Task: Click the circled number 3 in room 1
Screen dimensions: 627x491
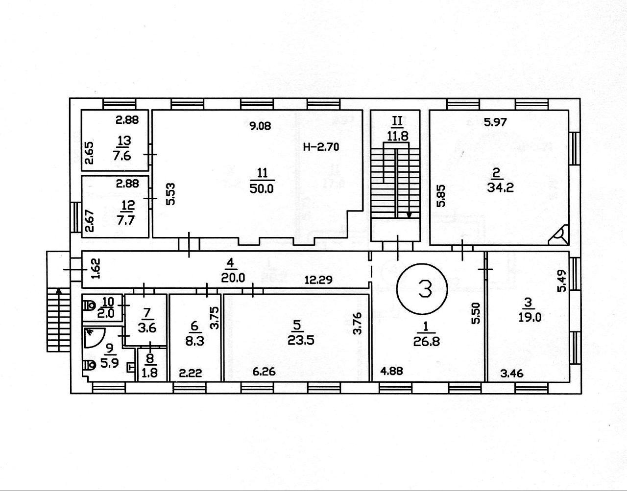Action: [x=422, y=289]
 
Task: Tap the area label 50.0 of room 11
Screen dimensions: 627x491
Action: [x=262, y=189]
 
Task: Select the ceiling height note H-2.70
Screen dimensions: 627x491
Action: [x=321, y=147]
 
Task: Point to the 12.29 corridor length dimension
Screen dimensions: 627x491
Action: [x=319, y=280]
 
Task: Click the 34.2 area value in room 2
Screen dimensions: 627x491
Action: [x=496, y=187]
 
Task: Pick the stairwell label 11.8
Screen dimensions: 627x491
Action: [x=398, y=136]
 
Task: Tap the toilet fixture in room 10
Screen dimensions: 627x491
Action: [x=89, y=305]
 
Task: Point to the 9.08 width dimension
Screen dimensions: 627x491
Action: [x=260, y=126]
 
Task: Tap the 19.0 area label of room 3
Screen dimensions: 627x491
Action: [x=530, y=317]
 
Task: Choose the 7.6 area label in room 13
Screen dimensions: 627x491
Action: [x=122, y=156]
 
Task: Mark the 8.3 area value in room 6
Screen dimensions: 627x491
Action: [x=195, y=341]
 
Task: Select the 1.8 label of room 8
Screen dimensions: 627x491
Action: [x=149, y=373]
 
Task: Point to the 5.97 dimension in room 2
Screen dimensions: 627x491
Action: [x=495, y=122]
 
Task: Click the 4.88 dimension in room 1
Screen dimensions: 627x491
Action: [x=391, y=371]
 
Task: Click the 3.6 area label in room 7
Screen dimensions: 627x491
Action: [x=147, y=328]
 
